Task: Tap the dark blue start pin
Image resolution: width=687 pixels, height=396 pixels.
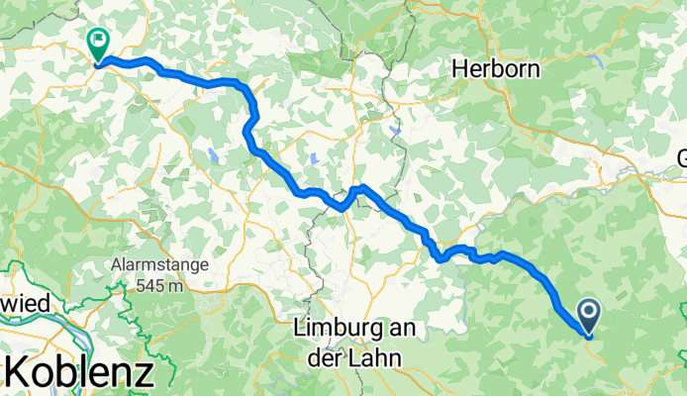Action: [x=587, y=317]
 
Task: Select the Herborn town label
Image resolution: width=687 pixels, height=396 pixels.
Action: [x=494, y=68]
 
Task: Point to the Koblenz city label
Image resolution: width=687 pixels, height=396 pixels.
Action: [x=79, y=372]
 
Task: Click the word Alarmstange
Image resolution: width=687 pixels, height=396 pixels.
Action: [x=156, y=265]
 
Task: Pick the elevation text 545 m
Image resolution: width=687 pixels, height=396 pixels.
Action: [x=163, y=285]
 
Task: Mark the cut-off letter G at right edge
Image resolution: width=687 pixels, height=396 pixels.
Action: [x=681, y=158]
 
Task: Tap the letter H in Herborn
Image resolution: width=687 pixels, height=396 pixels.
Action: [x=461, y=68]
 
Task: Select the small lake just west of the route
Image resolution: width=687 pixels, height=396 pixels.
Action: [x=214, y=154]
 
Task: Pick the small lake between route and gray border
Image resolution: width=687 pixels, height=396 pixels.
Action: [x=314, y=157]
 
